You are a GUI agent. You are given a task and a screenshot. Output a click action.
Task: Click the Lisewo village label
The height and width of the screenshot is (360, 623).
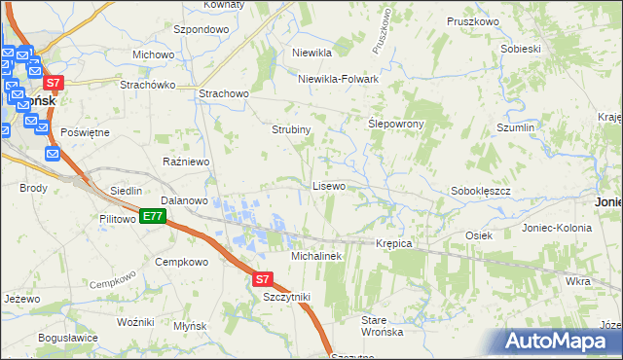[328, 185]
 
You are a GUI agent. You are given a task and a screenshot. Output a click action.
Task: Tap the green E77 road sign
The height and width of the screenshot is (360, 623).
[151, 216]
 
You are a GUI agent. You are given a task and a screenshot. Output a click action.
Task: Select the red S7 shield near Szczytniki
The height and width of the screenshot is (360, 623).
[262, 278]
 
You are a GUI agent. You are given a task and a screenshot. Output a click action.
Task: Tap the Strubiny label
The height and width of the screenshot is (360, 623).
[290, 128]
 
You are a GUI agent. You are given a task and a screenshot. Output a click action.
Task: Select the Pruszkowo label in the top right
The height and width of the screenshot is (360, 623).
[472, 20]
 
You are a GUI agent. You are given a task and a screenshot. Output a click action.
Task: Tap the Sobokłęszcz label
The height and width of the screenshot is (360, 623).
[481, 192]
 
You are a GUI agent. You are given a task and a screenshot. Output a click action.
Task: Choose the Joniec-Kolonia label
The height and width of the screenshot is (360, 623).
[556, 227]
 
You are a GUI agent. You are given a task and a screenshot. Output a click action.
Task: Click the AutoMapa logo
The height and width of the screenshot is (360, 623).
[555, 341]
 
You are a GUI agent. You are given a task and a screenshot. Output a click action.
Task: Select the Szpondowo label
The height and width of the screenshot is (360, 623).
[200, 30]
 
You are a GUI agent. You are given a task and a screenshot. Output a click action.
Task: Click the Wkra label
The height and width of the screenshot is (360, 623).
[577, 281]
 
